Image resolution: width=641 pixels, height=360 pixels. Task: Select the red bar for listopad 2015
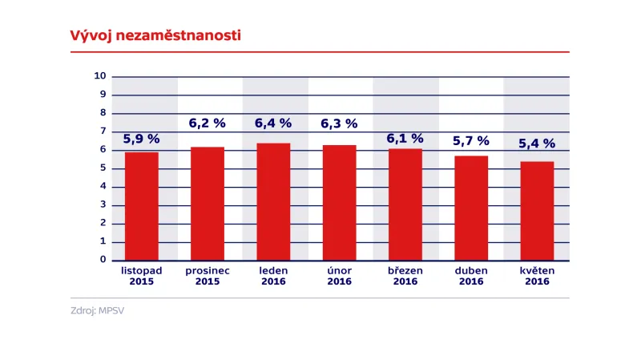point(141,206)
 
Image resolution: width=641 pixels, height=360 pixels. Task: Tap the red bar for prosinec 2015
point(208,204)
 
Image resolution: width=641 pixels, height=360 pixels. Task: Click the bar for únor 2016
point(339,203)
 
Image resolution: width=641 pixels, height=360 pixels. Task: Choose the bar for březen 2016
point(405,204)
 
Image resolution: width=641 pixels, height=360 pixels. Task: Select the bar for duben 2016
point(471,208)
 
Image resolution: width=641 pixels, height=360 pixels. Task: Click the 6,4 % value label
point(273,123)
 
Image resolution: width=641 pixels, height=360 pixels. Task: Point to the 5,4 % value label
point(537,144)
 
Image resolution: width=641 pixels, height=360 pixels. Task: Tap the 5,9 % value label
point(141,139)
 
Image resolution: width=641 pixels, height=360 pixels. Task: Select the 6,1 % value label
point(405,138)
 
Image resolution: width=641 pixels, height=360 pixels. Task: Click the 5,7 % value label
point(471,141)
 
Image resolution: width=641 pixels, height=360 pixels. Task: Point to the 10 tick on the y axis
point(100,76)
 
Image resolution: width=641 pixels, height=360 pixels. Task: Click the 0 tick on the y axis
point(103,260)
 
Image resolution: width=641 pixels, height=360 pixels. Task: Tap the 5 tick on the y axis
point(103,168)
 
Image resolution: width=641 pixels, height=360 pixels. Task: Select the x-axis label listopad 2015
point(141,276)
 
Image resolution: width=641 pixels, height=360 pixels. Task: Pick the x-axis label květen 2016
point(537,276)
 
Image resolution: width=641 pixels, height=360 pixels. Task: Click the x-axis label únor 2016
point(339,276)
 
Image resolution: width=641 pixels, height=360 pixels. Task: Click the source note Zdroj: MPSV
point(97,309)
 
